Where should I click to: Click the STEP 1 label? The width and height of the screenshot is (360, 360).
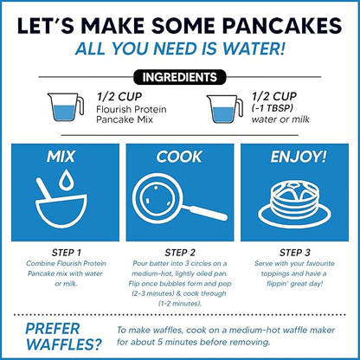tap(67, 252)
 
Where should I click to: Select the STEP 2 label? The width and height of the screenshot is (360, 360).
tap(179, 252)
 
